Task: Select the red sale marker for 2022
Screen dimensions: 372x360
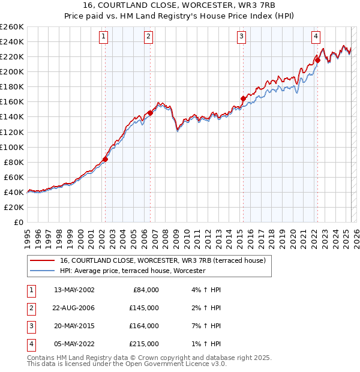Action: point(317,59)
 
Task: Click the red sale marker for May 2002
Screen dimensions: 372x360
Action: point(105,159)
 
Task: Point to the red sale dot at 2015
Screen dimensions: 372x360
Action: point(243,98)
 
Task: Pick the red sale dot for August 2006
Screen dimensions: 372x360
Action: point(150,113)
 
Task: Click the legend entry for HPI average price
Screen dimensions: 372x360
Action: point(133,271)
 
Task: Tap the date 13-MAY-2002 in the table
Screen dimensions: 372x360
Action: point(74,289)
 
